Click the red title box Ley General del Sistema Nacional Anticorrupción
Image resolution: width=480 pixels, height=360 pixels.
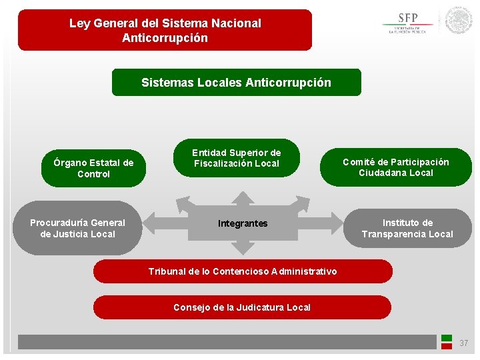(x=165, y=30)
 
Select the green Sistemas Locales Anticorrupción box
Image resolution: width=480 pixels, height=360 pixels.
(x=236, y=83)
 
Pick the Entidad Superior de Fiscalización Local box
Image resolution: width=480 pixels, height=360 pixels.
(x=237, y=158)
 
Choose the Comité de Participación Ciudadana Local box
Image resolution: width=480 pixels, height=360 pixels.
(x=395, y=167)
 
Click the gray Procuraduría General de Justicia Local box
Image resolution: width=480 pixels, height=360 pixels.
(x=77, y=228)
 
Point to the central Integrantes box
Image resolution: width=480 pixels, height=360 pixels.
(x=243, y=224)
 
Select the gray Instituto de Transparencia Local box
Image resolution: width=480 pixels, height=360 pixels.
(x=407, y=228)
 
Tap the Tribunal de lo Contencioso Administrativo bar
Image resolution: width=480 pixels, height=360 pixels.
(x=243, y=271)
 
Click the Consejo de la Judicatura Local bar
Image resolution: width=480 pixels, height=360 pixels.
(x=242, y=307)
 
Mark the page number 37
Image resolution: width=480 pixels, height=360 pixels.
(x=464, y=343)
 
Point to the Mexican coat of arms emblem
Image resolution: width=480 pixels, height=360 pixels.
(x=459, y=21)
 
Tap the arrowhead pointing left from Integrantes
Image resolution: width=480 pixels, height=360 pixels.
(x=150, y=223)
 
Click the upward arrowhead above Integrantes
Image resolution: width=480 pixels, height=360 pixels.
(x=243, y=197)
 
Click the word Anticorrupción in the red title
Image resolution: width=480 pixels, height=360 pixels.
(x=165, y=38)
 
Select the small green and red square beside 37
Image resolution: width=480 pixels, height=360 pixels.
(x=447, y=342)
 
